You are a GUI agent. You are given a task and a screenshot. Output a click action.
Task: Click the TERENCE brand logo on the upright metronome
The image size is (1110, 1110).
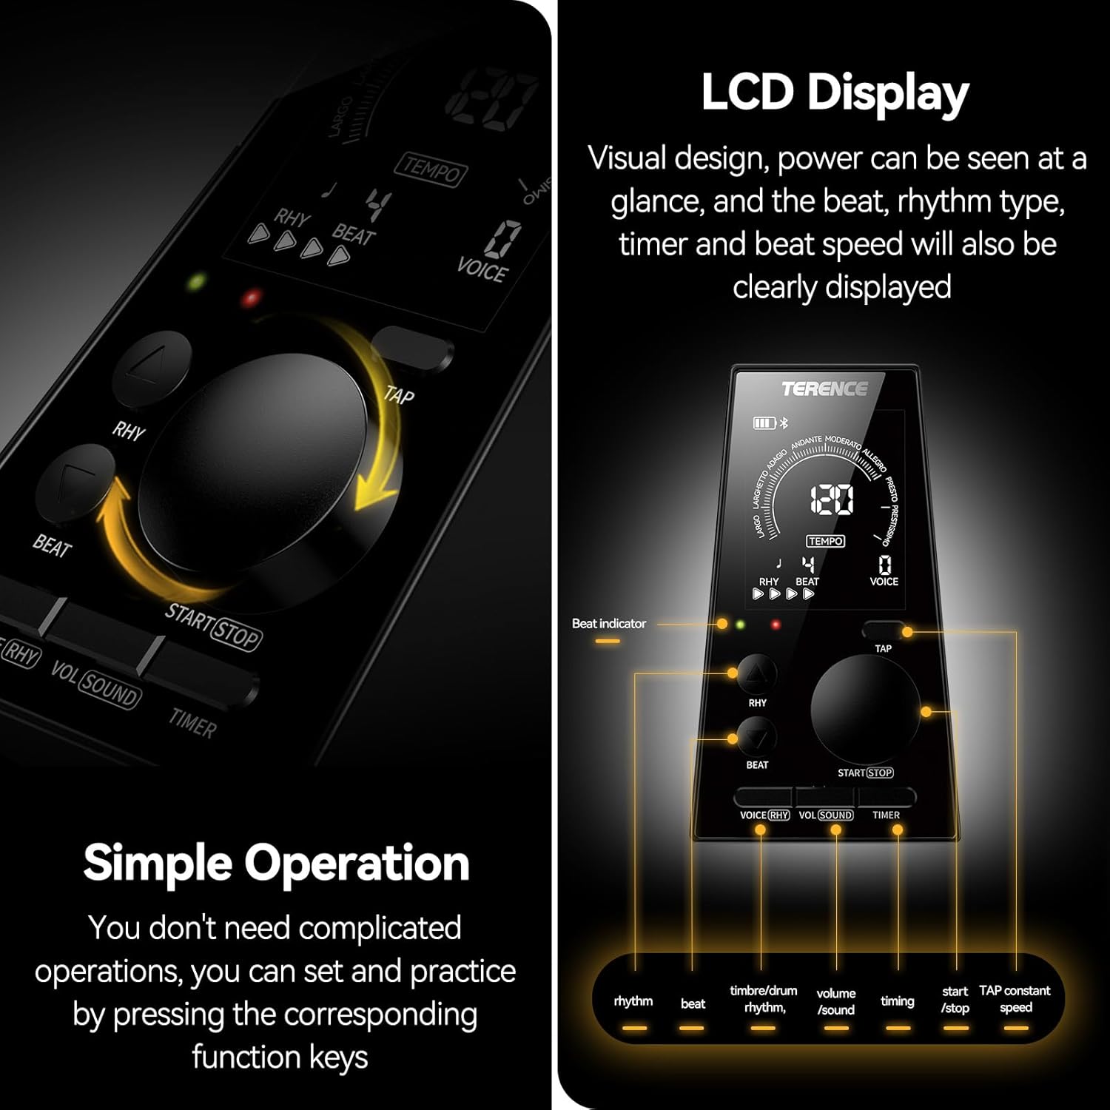coord(824,389)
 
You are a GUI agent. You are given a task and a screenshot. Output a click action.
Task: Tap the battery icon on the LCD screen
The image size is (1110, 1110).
coord(763,423)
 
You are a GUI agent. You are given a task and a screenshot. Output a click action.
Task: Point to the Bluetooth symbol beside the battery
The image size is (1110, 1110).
coord(785,423)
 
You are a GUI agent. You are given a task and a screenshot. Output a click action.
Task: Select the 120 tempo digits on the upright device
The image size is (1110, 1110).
coord(832,500)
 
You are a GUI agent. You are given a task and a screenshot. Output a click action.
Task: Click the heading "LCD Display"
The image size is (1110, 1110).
coord(835,93)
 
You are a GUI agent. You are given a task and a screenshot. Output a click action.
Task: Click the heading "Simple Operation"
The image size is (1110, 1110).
coord(276,863)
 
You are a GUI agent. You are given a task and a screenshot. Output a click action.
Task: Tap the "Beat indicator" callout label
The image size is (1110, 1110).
coord(608,624)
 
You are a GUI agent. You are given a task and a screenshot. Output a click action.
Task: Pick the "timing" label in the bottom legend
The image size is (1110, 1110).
coord(897,1001)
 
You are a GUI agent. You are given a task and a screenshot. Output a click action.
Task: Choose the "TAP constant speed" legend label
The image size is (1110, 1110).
coord(1015,999)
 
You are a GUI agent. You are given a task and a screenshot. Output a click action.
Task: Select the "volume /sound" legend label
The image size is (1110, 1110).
coord(836,1001)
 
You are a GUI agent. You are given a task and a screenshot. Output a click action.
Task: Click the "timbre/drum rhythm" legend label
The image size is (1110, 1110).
coord(764,999)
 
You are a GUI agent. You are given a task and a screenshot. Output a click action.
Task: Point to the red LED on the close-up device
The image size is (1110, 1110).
coord(252,299)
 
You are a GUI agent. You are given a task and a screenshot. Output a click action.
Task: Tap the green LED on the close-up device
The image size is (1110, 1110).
coord(197,282)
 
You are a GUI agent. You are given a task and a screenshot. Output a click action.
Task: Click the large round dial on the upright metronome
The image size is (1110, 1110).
coord(865,709)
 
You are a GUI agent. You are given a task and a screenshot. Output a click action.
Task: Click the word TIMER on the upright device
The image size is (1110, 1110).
coord(886,815)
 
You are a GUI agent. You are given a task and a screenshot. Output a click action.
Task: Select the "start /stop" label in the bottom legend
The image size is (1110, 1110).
coord(955,999)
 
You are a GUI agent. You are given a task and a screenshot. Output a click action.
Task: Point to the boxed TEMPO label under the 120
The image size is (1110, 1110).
coord(826,541)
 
